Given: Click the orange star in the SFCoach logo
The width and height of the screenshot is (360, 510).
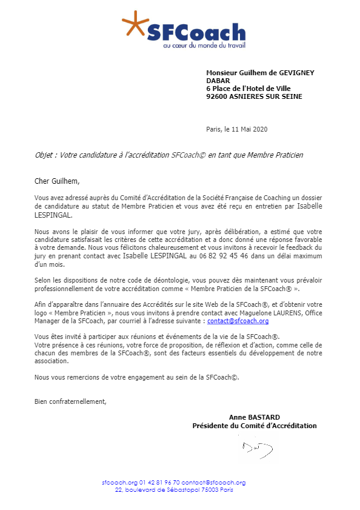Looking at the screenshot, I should click(x=135, y=24).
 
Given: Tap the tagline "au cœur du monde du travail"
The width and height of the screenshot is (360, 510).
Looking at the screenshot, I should click(x=204, y=45).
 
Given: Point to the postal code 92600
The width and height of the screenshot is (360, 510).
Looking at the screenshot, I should click(x=216, y=96).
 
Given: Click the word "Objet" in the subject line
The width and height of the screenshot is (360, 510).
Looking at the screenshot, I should click(x=45, y=155).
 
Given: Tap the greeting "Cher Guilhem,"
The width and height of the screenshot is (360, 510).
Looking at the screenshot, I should click(x=57, y=181).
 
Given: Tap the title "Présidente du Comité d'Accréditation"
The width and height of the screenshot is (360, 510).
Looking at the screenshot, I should click(x=254, y=426).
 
